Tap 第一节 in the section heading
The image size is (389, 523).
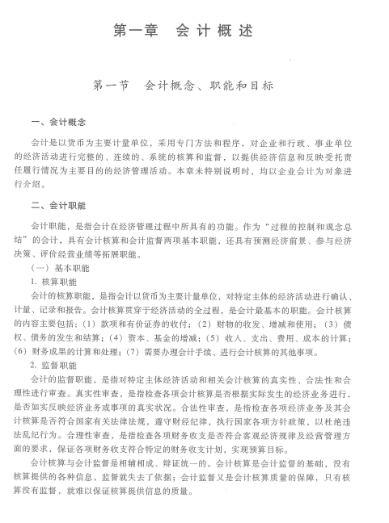113,84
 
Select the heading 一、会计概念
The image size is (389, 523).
57,123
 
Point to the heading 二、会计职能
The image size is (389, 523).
57,205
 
